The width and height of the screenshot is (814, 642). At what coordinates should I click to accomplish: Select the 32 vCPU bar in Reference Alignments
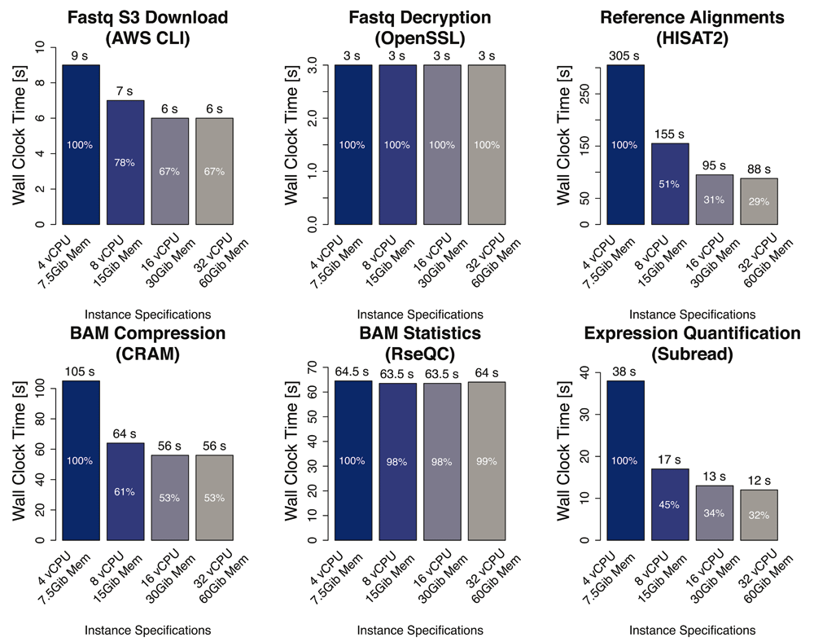759,201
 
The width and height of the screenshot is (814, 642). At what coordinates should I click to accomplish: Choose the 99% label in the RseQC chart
488,461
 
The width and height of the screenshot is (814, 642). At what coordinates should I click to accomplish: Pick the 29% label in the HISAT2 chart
759,200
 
